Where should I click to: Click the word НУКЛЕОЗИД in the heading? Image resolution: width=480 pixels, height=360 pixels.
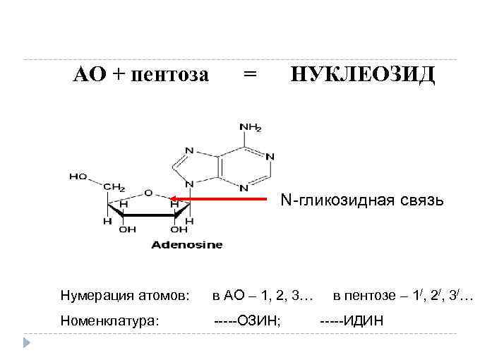(x=364, y=74)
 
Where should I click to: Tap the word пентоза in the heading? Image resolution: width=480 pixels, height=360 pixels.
(x=171, y=74)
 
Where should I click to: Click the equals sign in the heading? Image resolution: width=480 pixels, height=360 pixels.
(x=249, y=73)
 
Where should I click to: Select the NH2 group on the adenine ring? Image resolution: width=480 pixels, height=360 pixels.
(x=250, y=128)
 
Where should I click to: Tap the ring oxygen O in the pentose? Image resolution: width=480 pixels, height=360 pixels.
(x=148, y=192)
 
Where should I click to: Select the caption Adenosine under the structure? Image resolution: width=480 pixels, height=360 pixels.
(x=186, y=245)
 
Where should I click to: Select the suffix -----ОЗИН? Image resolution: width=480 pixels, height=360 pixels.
(x=248, y=321)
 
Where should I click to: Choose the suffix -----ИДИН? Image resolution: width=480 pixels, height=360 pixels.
(x=352, y=321)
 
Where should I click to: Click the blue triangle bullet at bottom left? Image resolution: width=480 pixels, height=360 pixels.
(x=27, y=342)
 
